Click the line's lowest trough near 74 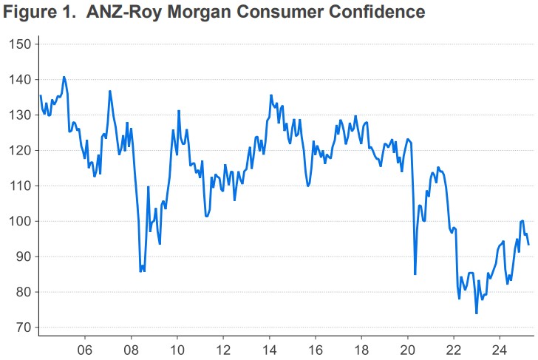(x=477, y=313)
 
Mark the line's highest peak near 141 (x=64, y=77)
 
